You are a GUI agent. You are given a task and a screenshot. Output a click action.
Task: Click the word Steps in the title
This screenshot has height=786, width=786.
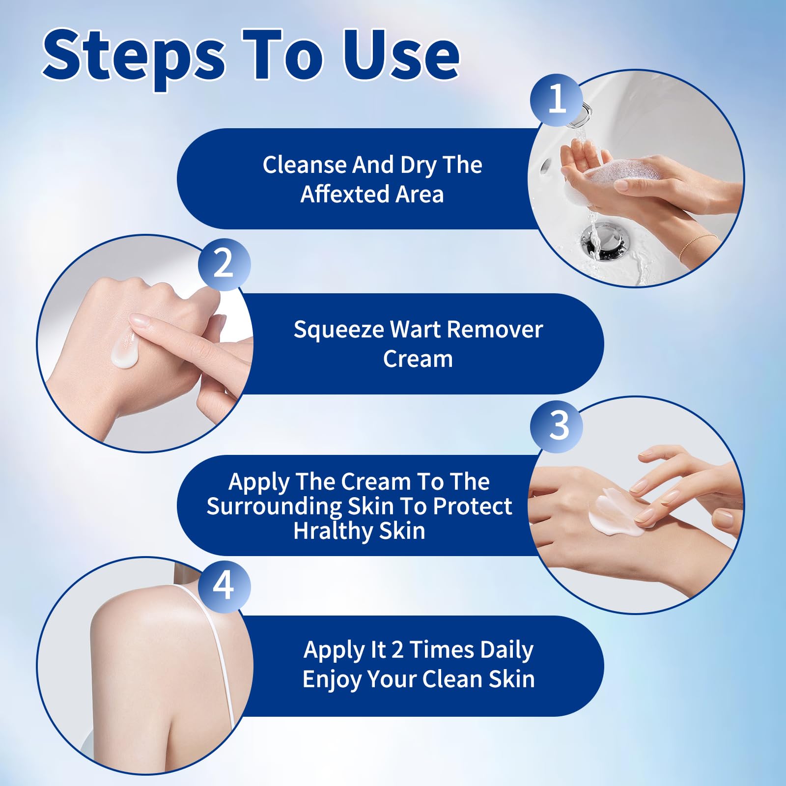[134, 58]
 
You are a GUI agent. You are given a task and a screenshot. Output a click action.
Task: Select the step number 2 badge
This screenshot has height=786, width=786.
[224, 264]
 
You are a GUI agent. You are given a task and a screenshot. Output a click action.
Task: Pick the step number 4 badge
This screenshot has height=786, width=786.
[224, 586]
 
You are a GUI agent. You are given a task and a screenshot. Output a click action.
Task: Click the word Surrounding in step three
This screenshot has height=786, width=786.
[274, 507]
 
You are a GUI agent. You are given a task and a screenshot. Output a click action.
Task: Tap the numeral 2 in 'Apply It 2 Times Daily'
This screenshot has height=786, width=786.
[397, 650]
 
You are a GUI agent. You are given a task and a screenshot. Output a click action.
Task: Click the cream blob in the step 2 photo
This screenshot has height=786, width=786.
[125, 349]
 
